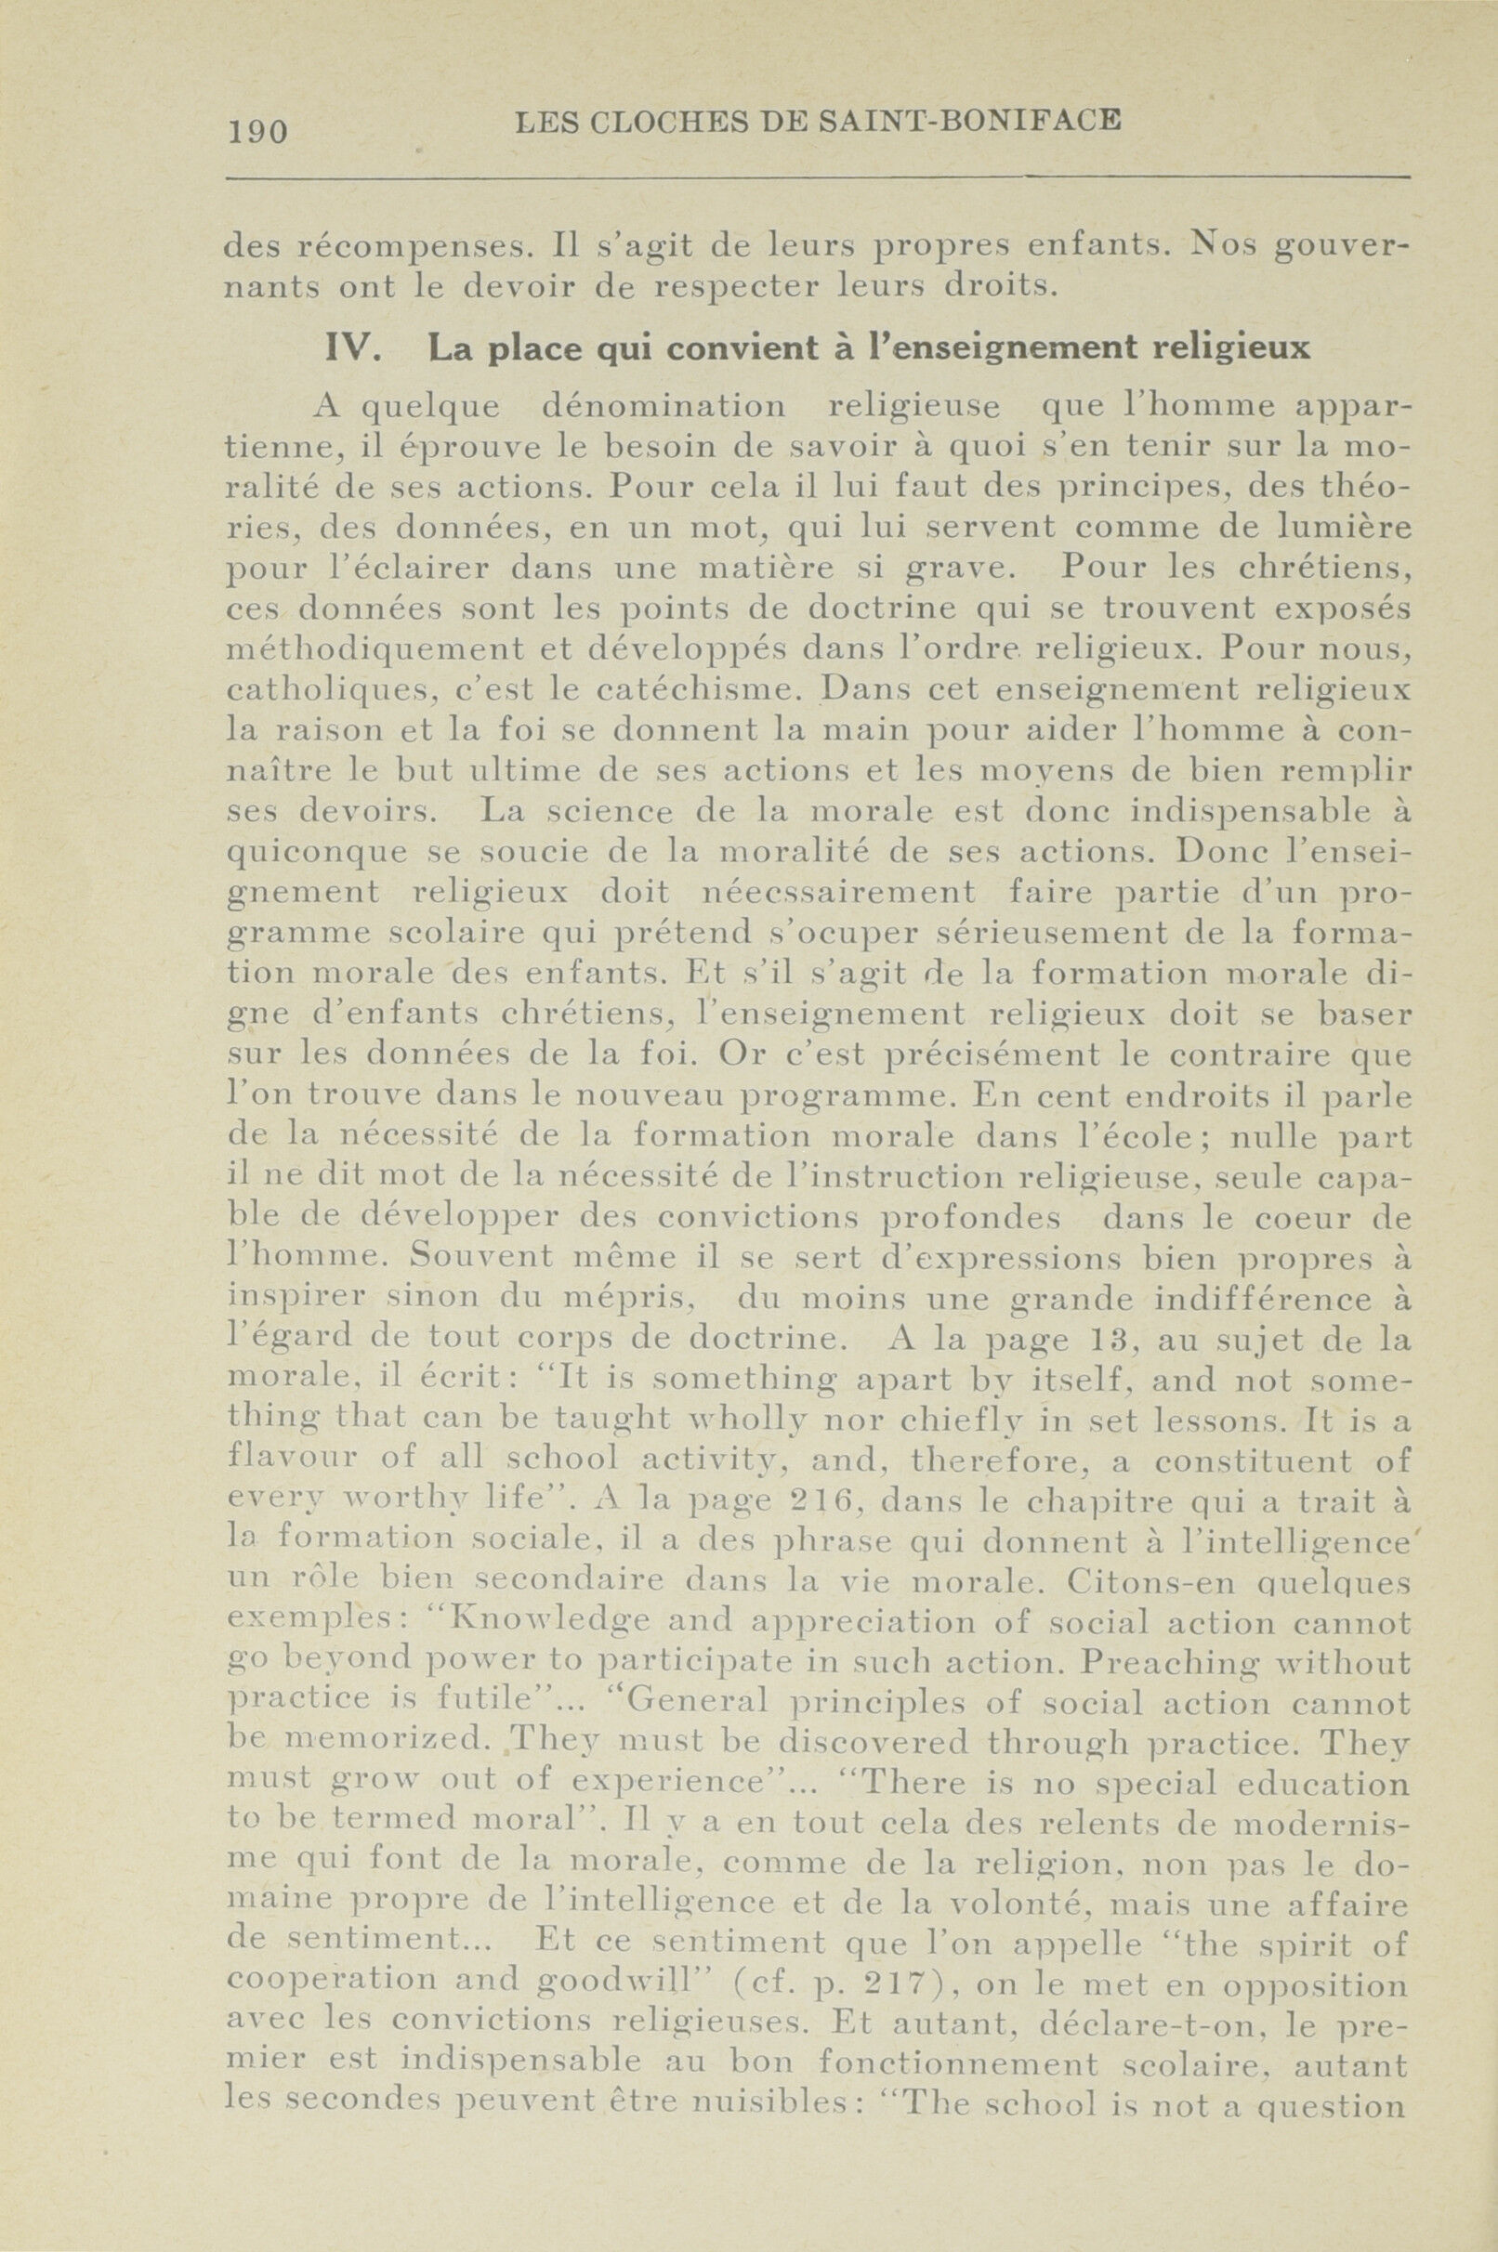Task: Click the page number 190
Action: [x=258, y=130]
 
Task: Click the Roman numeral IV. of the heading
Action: [x=354, y=348]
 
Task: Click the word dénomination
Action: [x=664, y=407]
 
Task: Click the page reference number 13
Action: [x=1112, y=1340]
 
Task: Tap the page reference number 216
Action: [x=825, y=1502]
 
